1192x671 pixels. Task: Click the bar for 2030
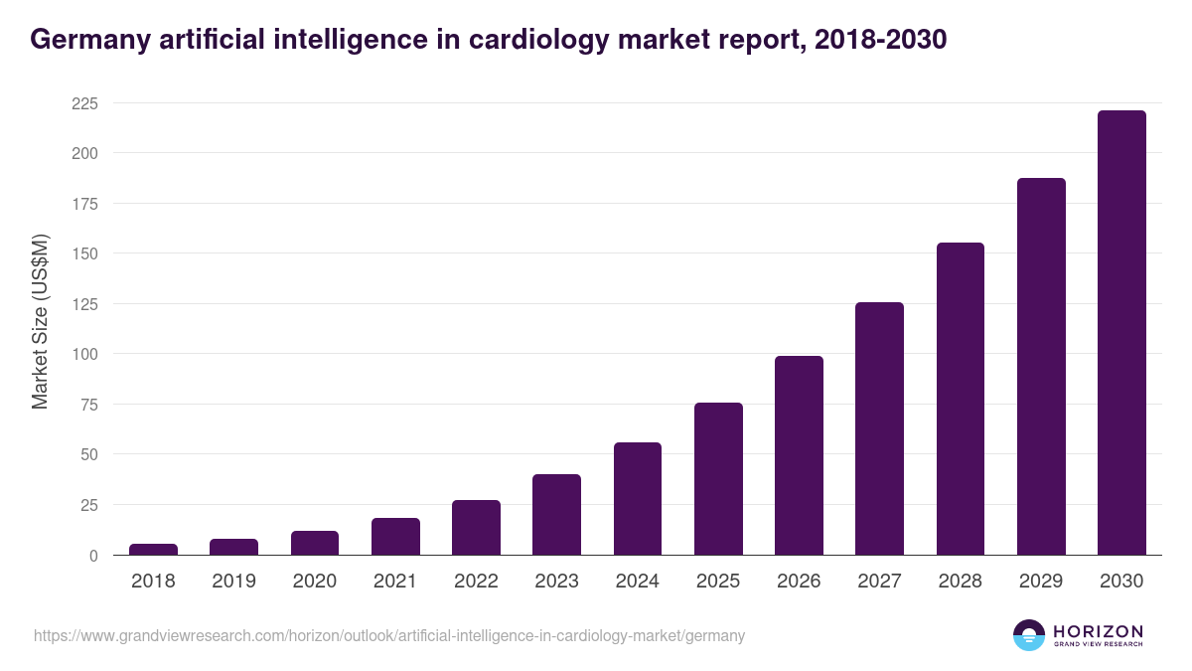point(1121,333)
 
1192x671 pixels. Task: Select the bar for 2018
point(153,550)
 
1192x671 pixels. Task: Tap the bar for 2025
point(718,479)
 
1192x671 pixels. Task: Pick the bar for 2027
point(879,428)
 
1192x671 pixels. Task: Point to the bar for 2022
point(476,528)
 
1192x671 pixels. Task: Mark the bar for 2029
point(1041,367)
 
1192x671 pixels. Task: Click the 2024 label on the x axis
point(637,582)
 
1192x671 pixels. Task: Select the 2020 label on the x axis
point(314,582)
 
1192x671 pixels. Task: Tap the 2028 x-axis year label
point(960,582)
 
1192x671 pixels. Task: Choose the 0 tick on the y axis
point(93,556)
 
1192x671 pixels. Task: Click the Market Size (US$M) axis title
point(40,322)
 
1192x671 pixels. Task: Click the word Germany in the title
point(83,40)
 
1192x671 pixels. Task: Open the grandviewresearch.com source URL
point(389,635)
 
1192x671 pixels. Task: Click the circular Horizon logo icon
point(1029,635)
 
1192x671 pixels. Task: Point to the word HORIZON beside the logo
point(1098,630)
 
